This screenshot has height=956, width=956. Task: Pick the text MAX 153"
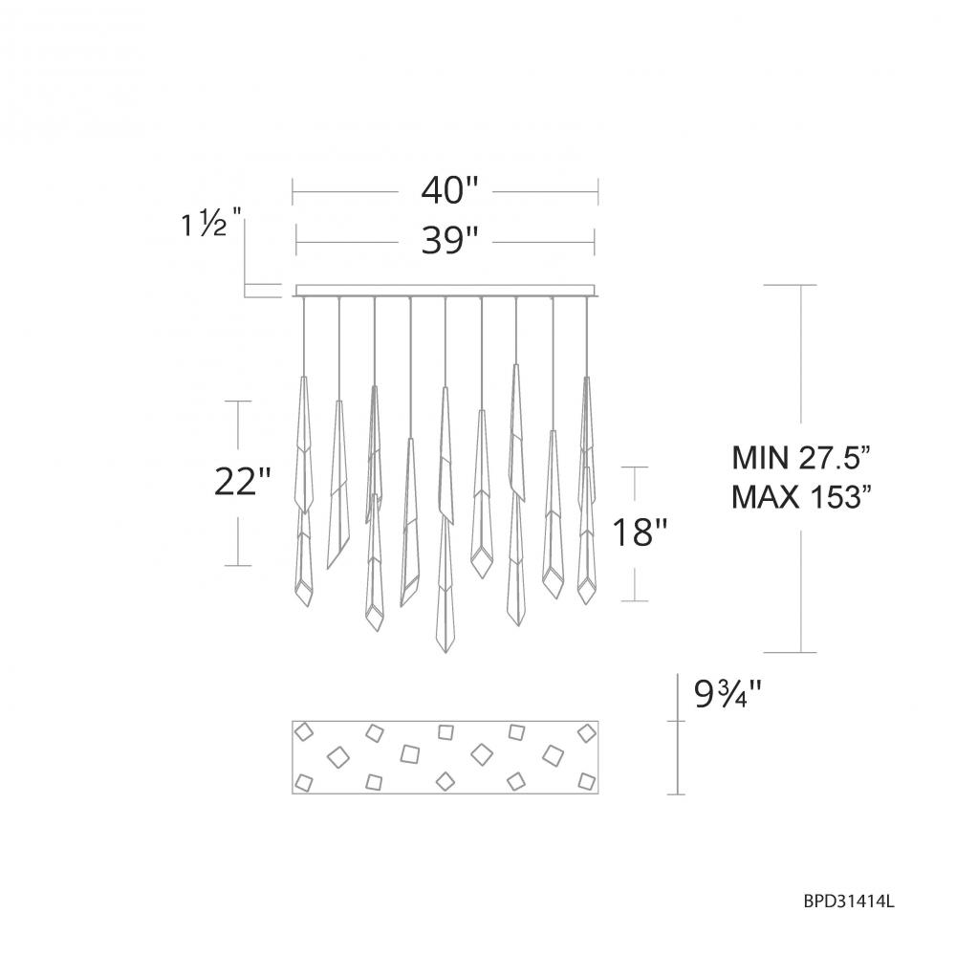[800, 497]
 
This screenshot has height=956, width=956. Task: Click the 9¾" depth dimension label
[728, 694]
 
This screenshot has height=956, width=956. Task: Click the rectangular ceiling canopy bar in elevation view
[445, 291]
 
